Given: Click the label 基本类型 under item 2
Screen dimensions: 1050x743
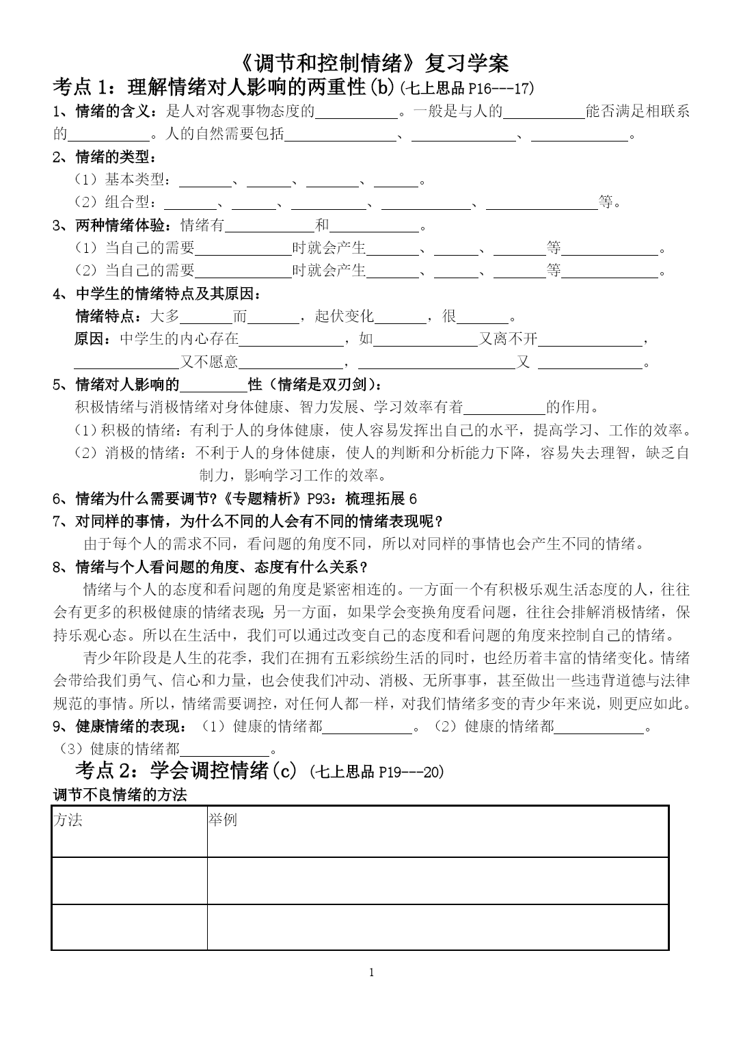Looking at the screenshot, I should (135, 180).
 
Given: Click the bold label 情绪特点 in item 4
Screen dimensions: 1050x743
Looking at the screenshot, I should (105, 316).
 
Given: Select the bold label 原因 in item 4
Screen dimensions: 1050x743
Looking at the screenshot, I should (88, 338).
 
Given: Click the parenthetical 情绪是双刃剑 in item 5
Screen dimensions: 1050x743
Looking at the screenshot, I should (324, 384).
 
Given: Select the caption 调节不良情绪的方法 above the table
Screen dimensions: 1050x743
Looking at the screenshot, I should (120, 795).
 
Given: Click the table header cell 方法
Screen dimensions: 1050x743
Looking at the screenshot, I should (68, 820).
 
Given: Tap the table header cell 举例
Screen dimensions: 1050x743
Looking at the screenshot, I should (223, 820).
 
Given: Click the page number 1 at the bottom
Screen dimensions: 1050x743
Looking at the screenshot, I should (371, 973).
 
